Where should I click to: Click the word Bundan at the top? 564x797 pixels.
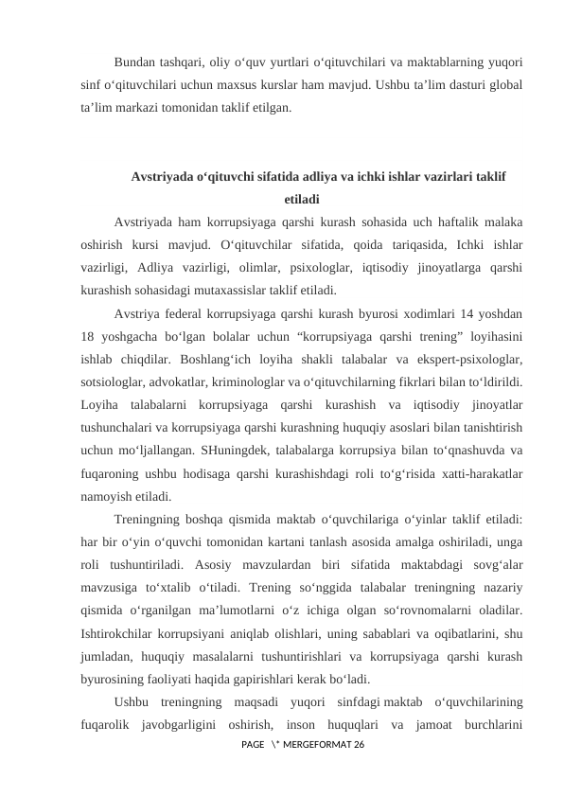coord(133,63)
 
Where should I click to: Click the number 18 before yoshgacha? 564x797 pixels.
coord(89,336)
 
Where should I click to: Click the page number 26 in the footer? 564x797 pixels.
coord(356,747)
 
